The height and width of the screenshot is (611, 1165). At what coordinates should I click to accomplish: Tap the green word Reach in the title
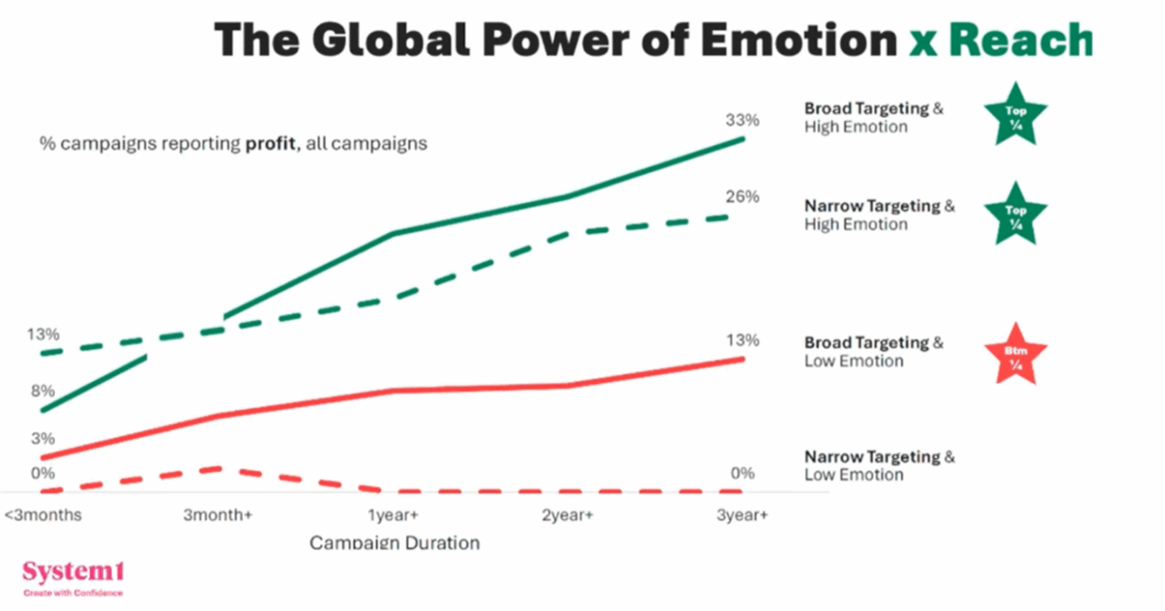click(x=1021, y=39)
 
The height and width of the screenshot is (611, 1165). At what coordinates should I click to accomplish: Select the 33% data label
click(x=742, y=119)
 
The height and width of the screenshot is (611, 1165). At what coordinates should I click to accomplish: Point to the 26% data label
click(x=742, y=197)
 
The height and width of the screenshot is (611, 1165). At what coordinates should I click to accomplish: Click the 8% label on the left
click(x=43, y=391)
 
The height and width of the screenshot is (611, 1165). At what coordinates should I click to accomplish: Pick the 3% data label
click(x=43, y=438)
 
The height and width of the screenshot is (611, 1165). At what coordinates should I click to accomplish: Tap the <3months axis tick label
click(x=43, y=515)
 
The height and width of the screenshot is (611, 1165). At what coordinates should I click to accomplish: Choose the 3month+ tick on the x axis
click(x=218, y=515)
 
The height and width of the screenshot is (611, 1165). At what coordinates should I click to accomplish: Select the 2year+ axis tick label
click(x=567, y=515)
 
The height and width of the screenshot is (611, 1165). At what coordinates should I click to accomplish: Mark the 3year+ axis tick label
click(x=742, y=515)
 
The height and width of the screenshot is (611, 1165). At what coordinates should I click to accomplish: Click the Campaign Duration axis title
click(x=394, y=543)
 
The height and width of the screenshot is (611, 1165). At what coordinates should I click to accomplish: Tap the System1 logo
click(x=73, y=575)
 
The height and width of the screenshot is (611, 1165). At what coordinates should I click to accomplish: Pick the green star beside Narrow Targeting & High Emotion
click(x=1016, y=215)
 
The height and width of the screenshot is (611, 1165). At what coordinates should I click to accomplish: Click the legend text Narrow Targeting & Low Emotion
click(x=879, y=465)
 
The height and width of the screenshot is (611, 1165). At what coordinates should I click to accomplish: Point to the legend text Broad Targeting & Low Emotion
click(x=873, y=351)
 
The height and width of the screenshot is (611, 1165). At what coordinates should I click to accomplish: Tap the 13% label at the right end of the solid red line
click(x=742, y=341)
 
